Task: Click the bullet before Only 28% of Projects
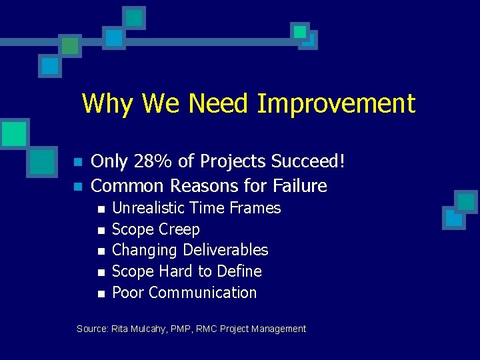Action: point(77,163)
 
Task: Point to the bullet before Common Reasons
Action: point(77,186)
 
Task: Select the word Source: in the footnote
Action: point(93,329)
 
